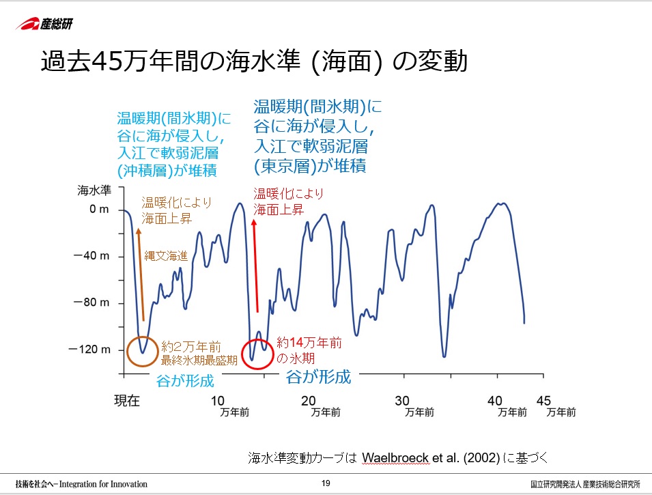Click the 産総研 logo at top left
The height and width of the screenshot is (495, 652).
click(x=44, y=24)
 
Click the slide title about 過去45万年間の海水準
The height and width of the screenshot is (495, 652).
click(x=253, y=62)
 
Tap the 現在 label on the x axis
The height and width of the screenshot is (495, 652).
click(x=127, y=400)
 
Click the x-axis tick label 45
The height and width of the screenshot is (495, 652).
click(x=544, y=400)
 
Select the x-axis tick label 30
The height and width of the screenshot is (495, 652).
click(x=402, y=400)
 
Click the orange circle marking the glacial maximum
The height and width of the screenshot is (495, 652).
click(x=143, y=352)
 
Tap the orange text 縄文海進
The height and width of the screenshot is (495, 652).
click(x=165, y=255)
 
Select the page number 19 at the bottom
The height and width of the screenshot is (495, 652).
click(x=326, y=484)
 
